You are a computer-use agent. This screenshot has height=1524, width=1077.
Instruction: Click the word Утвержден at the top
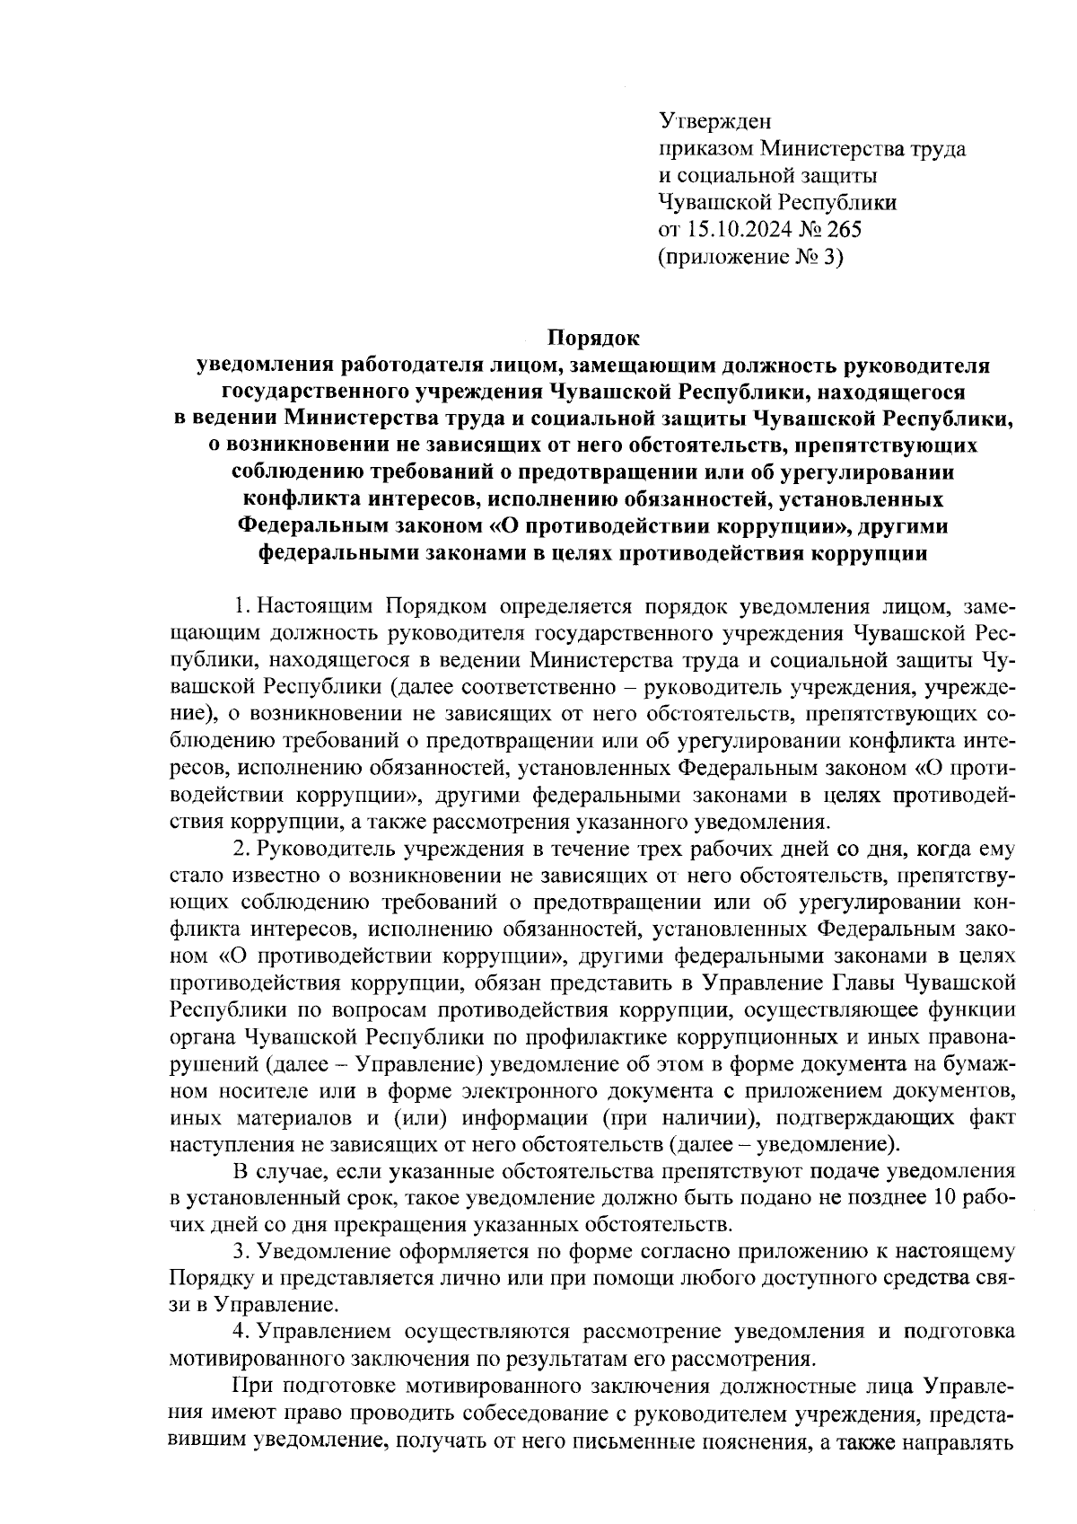point(715,120)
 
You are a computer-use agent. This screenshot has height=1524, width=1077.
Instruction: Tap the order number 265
point(844,230)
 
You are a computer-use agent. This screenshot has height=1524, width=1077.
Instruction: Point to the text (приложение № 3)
point(751,258)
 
